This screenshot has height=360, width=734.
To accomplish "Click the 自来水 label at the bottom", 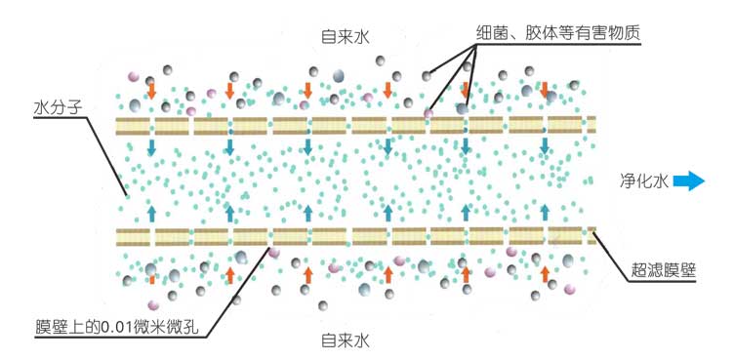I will click(x=347, y=340).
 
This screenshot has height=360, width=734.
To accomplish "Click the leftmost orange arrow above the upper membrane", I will click(x=151, y=91).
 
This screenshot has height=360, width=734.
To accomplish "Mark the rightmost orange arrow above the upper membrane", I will click(x=545, y=91).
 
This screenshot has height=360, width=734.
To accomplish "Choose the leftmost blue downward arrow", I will click(x=151, y=147).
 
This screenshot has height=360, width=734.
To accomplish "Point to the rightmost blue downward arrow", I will click(x=545, y=147).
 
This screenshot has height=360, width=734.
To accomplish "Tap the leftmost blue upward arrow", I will click(x=151, y=213).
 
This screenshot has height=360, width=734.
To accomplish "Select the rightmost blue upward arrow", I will click(x=545, y=213).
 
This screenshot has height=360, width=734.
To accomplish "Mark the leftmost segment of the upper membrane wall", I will click(x=131, y=125).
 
